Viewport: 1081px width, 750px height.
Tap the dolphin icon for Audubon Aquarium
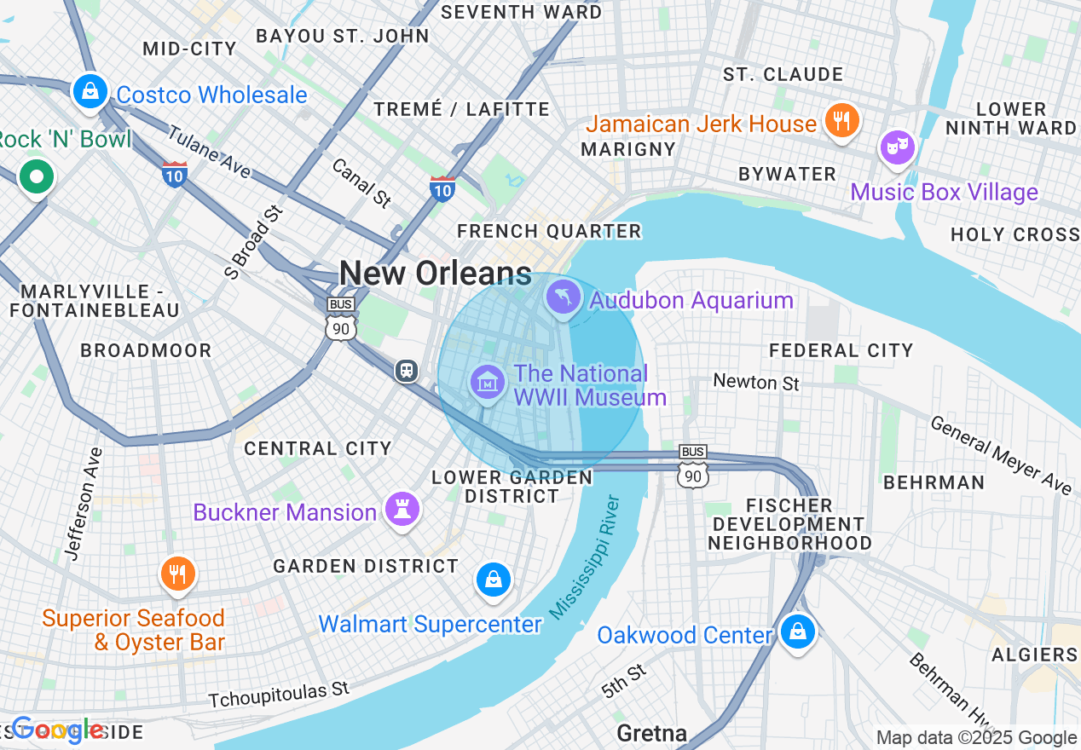point(563,297)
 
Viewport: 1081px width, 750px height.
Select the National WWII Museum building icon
point(487,383)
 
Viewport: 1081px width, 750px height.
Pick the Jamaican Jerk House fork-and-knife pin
point(841,120)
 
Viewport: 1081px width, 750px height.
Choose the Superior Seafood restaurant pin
point(177,574)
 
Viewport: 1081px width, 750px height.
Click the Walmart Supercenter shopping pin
point(493,580)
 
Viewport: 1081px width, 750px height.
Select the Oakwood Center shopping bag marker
point(796,632)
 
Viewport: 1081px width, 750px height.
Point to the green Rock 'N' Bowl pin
point(37,177)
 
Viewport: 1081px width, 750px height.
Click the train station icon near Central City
point(407,370)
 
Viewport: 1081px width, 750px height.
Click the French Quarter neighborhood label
point(548,231)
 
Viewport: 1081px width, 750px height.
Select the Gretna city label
point(651,733)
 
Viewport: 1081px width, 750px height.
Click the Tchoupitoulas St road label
point(279,695)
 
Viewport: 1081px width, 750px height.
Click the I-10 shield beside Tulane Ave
point(174,173)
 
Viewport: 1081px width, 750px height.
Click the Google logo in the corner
point(57,730)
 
